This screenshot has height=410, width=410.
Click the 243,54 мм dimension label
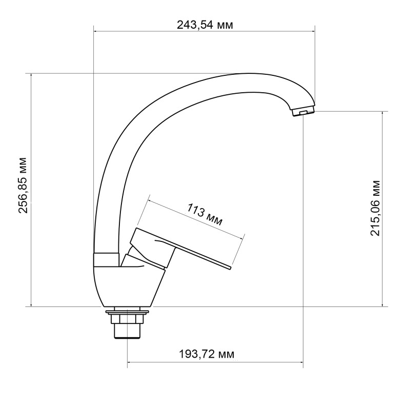pyautogui.click(x=204, y=25)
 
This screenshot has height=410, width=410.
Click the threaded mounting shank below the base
pyautogui.click(x=127, y=328)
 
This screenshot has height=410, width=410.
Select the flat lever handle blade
pyautogui.click(x=200, y=256)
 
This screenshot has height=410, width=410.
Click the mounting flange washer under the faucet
pyautogui.click(x=127, y=311)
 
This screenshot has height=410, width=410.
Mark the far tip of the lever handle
pyautogui.click(x=231, y=268)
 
